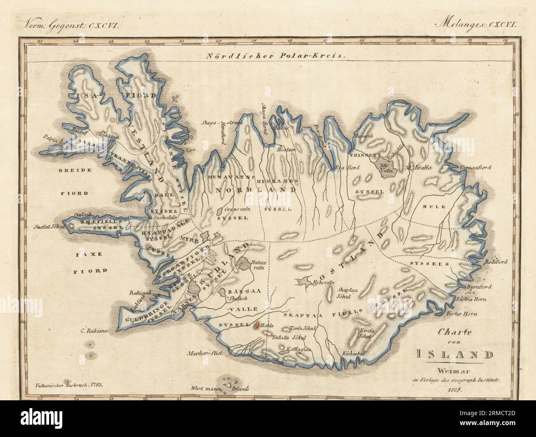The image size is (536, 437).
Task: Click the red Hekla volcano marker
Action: pyautogui.click(x=256, y=325)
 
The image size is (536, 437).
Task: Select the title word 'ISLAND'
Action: pyautogui.click(x=454, y=354)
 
